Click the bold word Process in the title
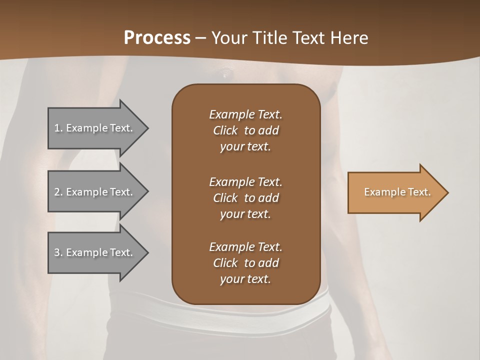[157, 37]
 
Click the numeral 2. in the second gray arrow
[58, 192]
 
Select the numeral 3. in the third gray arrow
[58, 252]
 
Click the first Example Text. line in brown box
[245, 114]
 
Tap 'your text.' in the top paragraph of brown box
[245, 147]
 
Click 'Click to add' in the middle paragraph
[245, 198]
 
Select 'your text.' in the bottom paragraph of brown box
[245, 279]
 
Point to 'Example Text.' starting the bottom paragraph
[245, 247]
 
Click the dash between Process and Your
[200, 38]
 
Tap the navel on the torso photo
[226, 74]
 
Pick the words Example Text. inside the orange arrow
[397, 192]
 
